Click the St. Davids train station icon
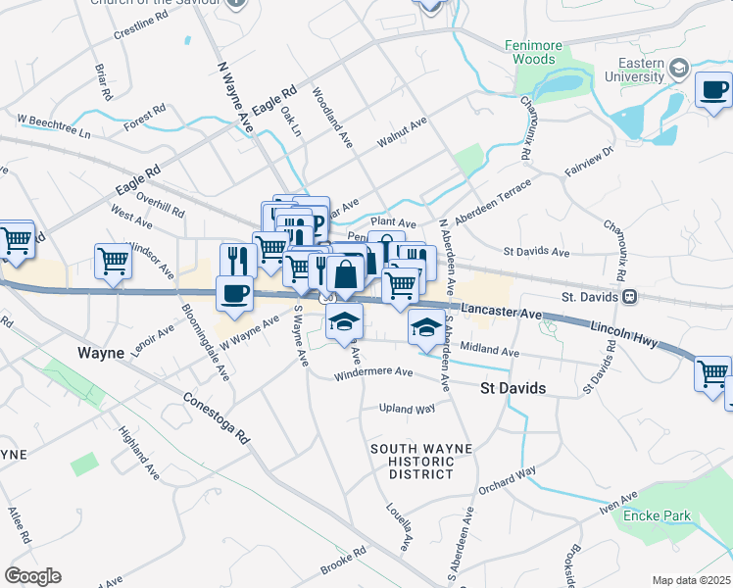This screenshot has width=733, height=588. pyautogui.click(x=631, y=295)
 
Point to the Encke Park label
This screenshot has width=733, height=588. pyautogui.click(x=660, y=515)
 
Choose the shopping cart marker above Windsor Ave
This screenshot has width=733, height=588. pyautogui.click(x=114, y=262)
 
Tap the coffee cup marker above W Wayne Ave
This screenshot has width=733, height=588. pyautogui.click(x=234, y=293)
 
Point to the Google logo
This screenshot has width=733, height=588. pyautogui.click(x=32, y=576)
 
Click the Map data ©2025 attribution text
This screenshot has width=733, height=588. pyautogui.click(x=691, y=580)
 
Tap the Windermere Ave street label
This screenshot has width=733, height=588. pyautogui.click(x=373, y=372)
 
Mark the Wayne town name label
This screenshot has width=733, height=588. pyautogui.click(x=102, y=351)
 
